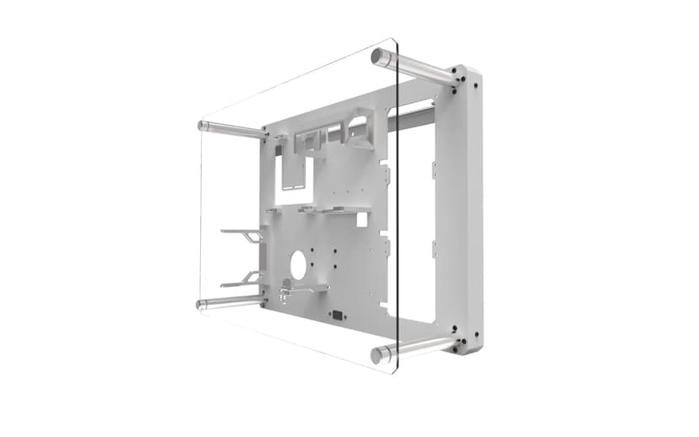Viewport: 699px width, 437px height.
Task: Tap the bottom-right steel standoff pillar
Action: coord(418,347)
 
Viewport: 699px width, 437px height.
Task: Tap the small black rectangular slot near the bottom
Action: coord(339,317)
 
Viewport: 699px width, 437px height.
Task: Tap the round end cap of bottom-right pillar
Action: coord(377,355)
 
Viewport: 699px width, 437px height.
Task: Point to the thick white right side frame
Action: coord(469,211)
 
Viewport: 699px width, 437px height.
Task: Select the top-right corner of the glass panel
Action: coord(395,40)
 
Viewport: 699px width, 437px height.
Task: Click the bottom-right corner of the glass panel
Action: coord(394,372)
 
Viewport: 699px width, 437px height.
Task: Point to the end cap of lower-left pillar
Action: coord(201,304)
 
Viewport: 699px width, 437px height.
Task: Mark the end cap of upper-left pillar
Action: coord(201,125)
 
